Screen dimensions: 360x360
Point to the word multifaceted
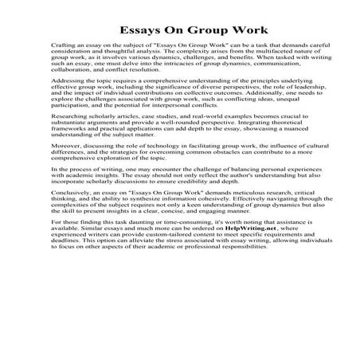click(x=260, y=57)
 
